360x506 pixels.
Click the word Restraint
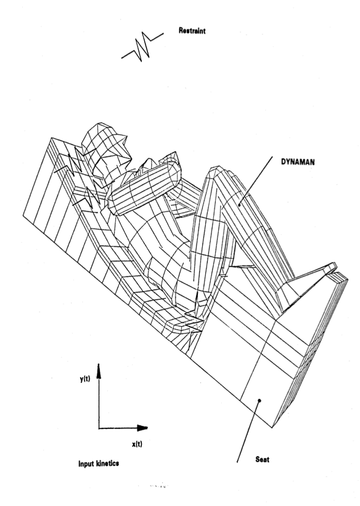pos(192,31)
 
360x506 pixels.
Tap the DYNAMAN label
pos(298,162)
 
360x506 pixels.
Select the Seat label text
pos(262,459)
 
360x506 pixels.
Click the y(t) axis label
pos(85,379)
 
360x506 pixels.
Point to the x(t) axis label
pos(137,444)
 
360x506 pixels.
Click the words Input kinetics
pos(99,463)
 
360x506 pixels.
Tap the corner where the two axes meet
pos(99,428)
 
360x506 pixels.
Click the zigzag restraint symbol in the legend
pos(142,46)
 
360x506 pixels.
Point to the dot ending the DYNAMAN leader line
pos(239,204)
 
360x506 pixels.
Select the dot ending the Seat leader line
pos(260,401)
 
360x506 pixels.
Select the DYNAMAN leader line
pos(256,181)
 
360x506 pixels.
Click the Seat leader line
pos(248,431)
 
